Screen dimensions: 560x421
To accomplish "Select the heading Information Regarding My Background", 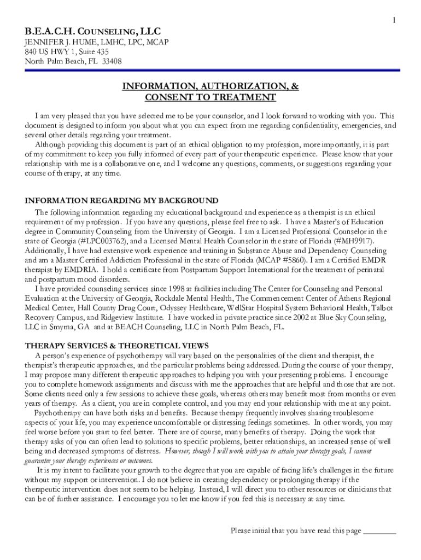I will pyautogui.click(x=121, y=201).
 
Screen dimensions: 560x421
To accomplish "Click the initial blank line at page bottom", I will pyautogui.click(x=379, y=530).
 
